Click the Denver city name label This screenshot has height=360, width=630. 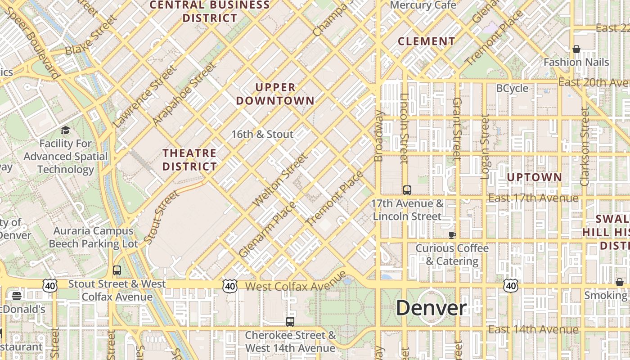[x=431, y=308]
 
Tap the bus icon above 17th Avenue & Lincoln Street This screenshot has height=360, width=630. [x=407, y=190]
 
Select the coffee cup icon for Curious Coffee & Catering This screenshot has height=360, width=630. [x=452, y=235]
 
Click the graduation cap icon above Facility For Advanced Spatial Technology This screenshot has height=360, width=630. [x=66, y=130]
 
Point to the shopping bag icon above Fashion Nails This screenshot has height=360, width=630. [x=576, y=49]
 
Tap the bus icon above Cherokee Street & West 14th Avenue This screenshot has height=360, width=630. [x=290, y=322]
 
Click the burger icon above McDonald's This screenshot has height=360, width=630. [x=17, y=296]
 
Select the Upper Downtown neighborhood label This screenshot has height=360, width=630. [x=275, y=94]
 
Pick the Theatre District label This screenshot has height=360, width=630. [x=189, y=160]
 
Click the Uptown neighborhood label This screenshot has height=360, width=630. [x=535, y=177]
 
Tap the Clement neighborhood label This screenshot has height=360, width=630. [x=427, y=41]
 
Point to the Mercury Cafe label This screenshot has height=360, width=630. [x=423, y=5]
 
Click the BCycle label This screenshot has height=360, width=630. [x=512, y=88]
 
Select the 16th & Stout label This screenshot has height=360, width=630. [x=262, y=134]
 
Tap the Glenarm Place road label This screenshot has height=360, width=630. [x=267, y=229]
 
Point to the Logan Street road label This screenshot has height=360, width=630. [x=485, y=147]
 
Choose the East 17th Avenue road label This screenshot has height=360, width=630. [x=533, y=198]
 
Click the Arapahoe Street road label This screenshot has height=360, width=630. [x=184, y=94]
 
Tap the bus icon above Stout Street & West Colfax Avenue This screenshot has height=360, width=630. [x=117, y=270]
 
